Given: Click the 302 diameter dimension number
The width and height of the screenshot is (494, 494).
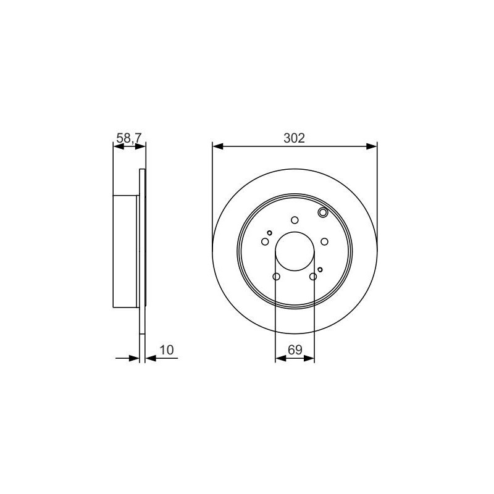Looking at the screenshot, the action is (x=295, y=138).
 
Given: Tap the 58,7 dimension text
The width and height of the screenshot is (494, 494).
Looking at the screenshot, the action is (x=129, y=138).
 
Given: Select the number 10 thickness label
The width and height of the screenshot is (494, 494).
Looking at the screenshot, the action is (x=167, y=350).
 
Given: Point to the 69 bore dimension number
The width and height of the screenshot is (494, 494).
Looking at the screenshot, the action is (x=295, y=350).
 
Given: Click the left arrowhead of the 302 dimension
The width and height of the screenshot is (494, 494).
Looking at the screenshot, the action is (x=218, y=146).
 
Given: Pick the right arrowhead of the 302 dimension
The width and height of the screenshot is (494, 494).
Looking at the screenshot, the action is (x=372, y=146).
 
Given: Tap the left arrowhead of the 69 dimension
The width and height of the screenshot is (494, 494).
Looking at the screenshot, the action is (x=280, y=358).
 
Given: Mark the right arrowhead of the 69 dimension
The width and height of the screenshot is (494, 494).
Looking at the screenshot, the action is (x=309, y=358).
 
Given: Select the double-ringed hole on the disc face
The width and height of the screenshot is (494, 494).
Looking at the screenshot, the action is (x=323, y=212).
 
